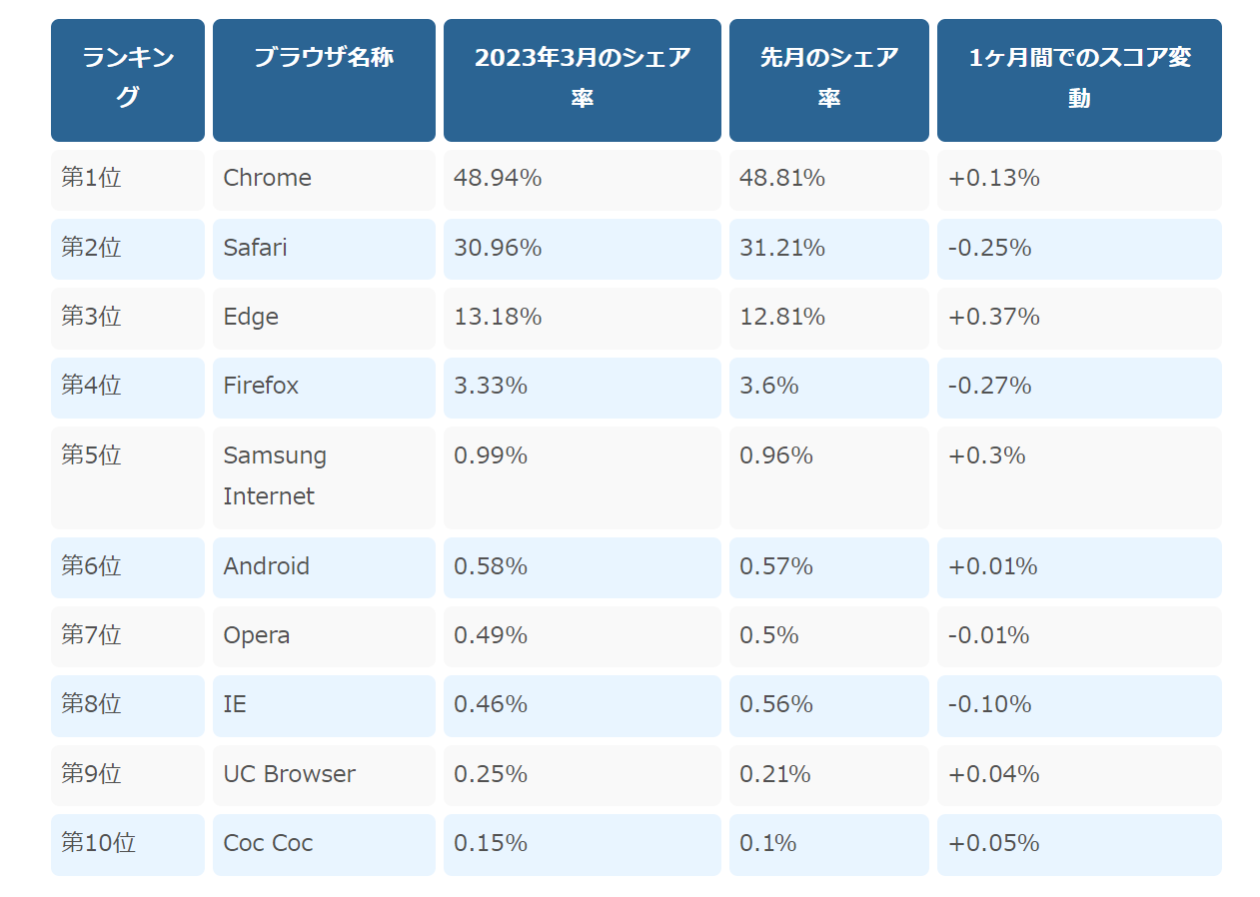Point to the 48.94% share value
coord(498,178)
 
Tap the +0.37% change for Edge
coord(994,317)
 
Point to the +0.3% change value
coord(987,455)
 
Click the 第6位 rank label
coord(91,565)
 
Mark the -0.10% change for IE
coord(989,704)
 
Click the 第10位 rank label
coord(99,842)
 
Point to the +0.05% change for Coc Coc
coord(994,843)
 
